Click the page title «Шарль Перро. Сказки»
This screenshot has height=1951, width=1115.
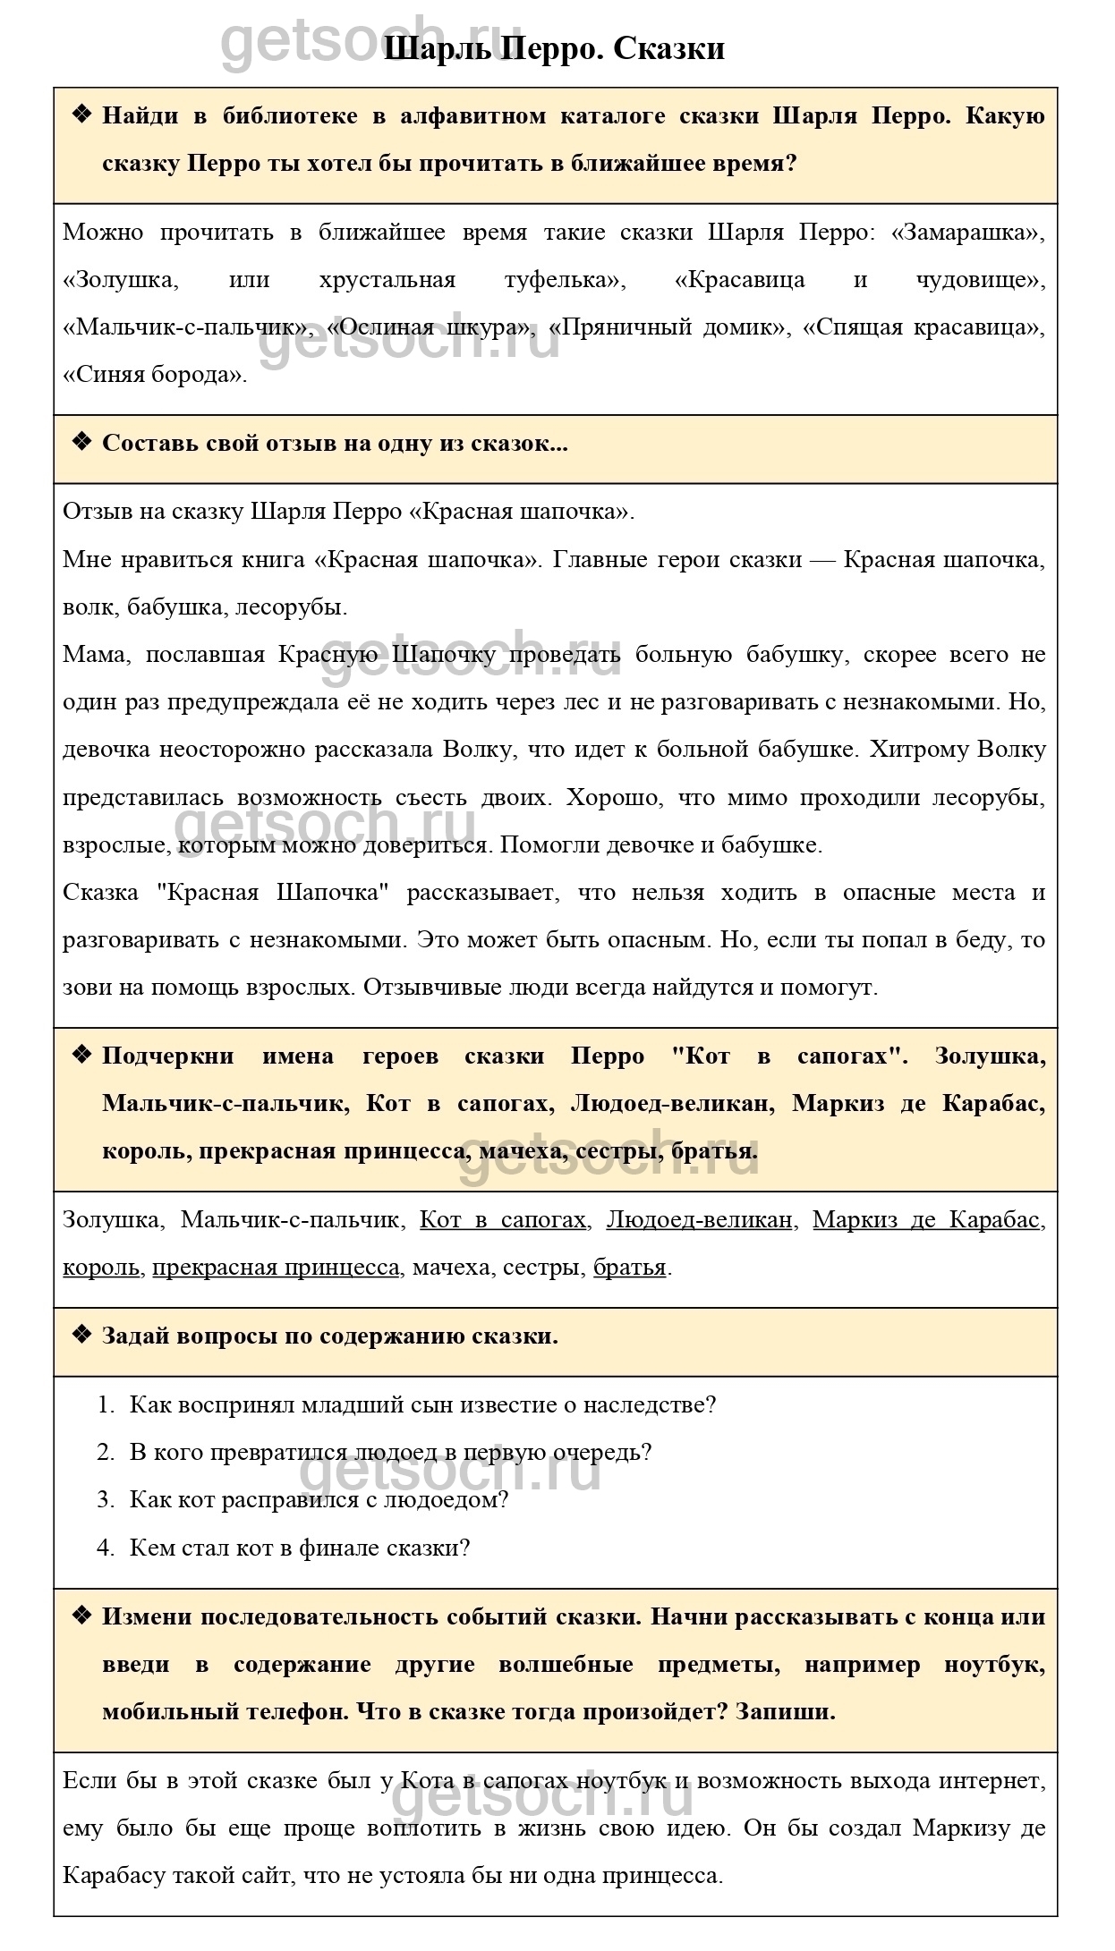[x=555, y=48]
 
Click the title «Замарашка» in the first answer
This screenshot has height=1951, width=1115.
[x=970, y=233]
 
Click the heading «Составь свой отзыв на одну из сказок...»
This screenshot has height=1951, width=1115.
[x=335, y=444]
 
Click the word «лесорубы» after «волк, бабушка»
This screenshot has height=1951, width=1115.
[x=294, y=607]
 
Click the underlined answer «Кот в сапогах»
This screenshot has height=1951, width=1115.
[x=503, y=1219]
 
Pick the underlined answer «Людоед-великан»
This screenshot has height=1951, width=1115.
[x=700, y=1219]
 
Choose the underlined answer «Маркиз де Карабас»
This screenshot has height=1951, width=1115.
[x=927, y=1219]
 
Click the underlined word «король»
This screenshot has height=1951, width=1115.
[x=101, y=1267]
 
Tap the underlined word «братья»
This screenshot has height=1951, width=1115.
[x=630, y=1267]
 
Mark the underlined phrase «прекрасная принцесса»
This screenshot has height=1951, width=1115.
[x=276, y=1267]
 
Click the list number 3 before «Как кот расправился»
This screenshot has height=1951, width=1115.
[x=104, y=1499]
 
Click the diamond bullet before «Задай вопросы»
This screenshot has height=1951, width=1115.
[x=81, y=1336]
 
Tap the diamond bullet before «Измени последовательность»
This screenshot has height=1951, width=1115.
[x=81, y=1616]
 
